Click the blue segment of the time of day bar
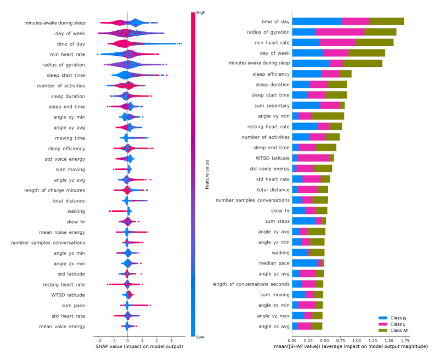tap(317, 21)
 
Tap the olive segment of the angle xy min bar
tap(328, 116)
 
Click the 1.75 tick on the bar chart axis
tap(404, 340)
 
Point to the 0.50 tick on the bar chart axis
tap(324, 340)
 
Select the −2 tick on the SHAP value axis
tap(97, 340)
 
